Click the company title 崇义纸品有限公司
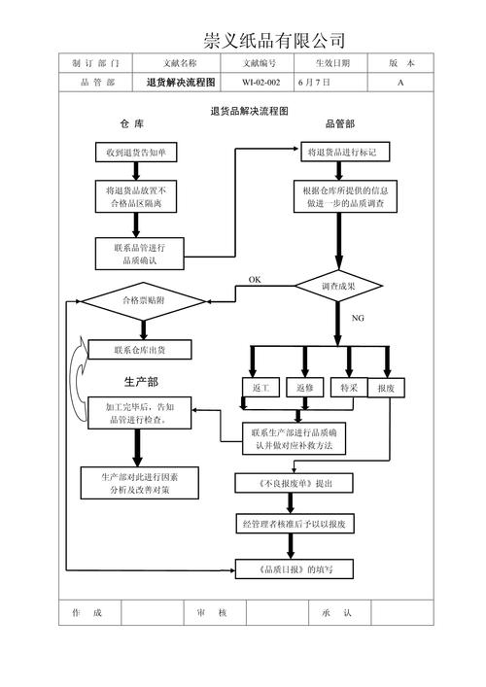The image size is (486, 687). tap(274, 40)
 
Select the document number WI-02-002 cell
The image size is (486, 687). tap(260, 83)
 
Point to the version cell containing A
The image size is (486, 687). tap(400, 83)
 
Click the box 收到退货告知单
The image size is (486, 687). tap(135, 153)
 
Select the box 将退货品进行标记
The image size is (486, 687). tap(347, 153)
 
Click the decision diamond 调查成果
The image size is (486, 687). tap(338, 287)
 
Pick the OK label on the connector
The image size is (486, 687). tap(255, 280)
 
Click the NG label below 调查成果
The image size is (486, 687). tap(358, 318)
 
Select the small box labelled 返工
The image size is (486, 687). tap(260, 388)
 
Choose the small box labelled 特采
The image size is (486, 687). tap(349, 388)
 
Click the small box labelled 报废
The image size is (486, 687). tap(386, 388)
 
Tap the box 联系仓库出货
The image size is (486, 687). tap(139, 350)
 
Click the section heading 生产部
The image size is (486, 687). tap(141, 381)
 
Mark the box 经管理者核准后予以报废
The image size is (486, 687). tap(300, 524)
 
